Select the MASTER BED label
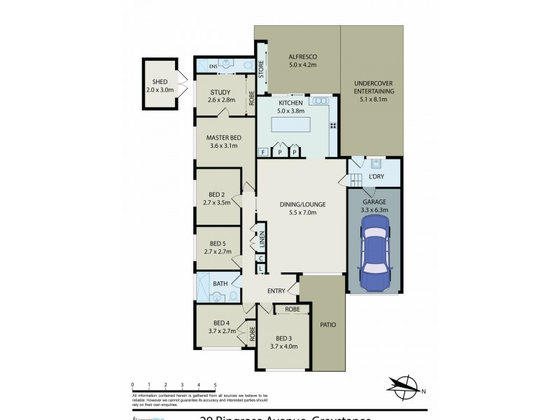click(x=223, y=137)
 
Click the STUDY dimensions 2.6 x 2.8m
click(x=221, y=100)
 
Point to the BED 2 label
click(x=216, y=195)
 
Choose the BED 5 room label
click(x=216, y=243)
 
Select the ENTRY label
click(x=275, y=291)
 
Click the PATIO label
click(x=328, y=325)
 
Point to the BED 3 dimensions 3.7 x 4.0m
click(x=283, y=346)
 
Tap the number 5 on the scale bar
click(x=215, y=385)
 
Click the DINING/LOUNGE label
click(x=302, y=204)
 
